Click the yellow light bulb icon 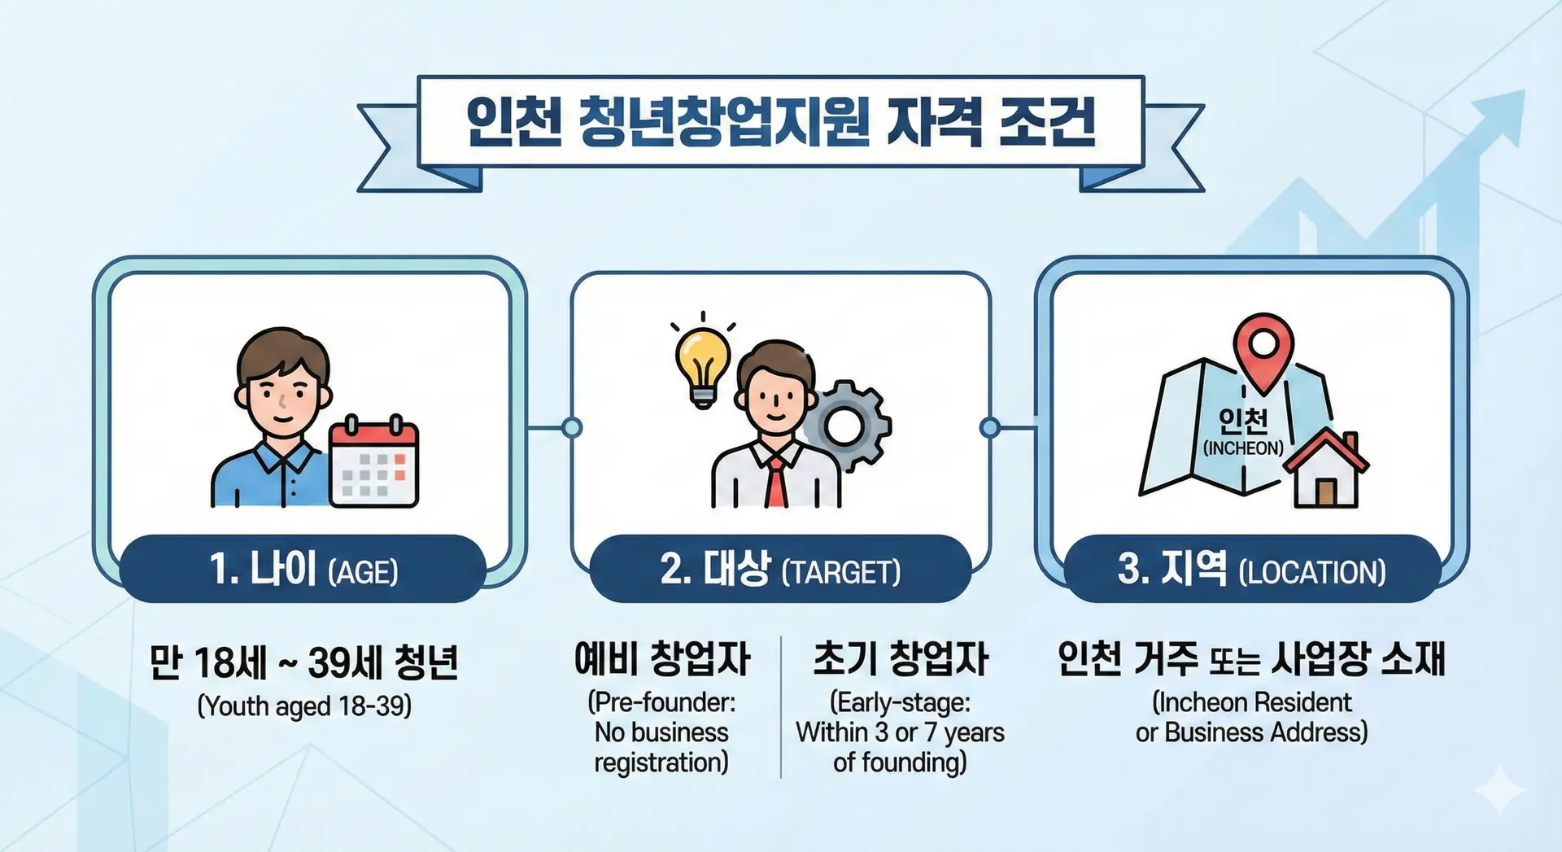tap(703, 366)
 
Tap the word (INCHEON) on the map tap(1243, 448)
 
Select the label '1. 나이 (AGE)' tap(303, 569)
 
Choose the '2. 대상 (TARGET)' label tap(780, 569)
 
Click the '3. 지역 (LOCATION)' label tap(1251, 569)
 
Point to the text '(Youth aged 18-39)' tap(304, 706)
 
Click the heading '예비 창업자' tap(662, 659)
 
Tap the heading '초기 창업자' tap(901, 659)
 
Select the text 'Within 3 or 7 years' tap(900, 732)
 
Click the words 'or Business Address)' tap(1251, 732)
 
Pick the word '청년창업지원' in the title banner tap(723, 122)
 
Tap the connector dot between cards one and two tap(572, 427)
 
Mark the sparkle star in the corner tap(1499, 790)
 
